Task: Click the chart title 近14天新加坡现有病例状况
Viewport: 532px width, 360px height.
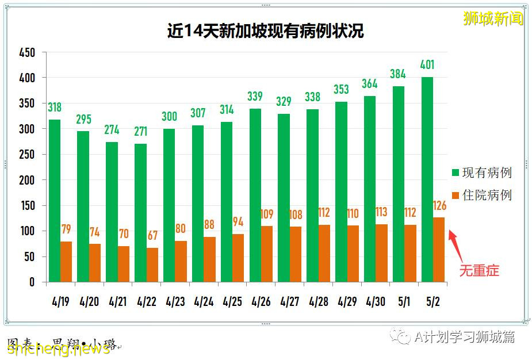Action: pos(265,30)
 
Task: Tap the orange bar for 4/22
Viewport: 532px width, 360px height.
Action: pos(152,265)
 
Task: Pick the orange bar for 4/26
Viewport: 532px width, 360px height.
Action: pos(267,254)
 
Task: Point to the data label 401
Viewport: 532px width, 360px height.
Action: pos(427,64)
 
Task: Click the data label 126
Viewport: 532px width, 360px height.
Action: pos(439,205)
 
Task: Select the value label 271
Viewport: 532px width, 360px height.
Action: pos(140,131)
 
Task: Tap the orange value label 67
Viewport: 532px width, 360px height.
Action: pos(152,236)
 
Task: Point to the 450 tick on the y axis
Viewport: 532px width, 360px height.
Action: pos(27,52)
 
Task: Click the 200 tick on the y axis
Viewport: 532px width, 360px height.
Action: pos(27,180)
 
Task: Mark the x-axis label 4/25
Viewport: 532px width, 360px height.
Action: pos(232,301)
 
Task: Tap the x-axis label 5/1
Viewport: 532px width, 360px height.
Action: pos(404,301)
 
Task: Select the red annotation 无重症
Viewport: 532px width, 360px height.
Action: pos(479,270)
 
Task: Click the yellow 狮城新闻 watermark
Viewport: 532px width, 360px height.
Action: pos(493,18)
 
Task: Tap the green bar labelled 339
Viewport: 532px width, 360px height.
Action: pos(255,195)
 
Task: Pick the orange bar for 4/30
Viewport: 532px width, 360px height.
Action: pos(382,253)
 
